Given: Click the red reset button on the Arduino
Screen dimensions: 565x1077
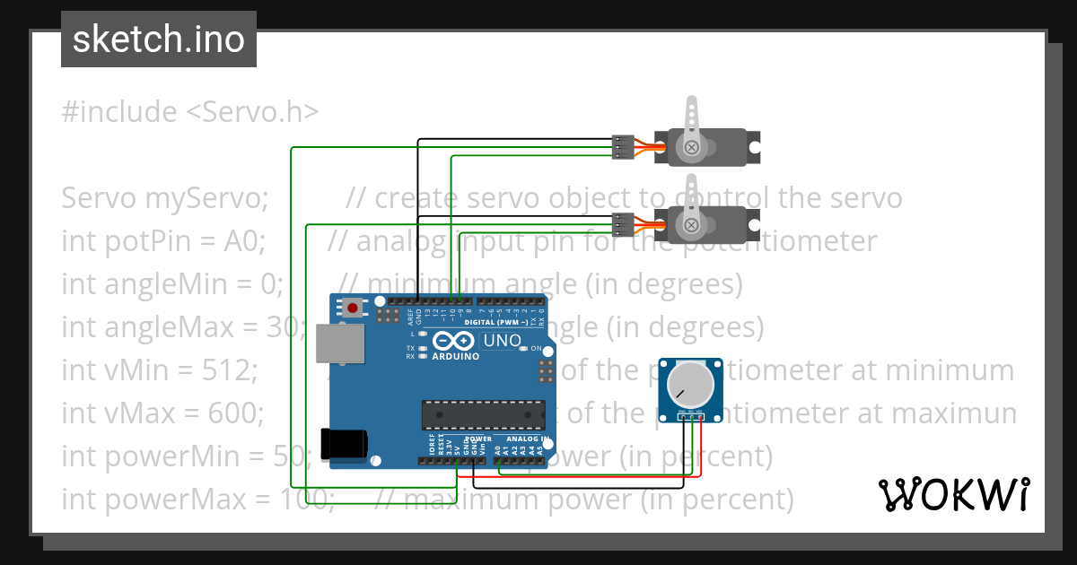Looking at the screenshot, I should click(353, 309).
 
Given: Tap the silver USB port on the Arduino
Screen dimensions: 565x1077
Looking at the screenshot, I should click(341, 343).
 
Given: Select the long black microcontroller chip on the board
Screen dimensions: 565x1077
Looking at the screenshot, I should click(484, 414).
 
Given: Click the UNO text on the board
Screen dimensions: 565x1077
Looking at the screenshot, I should click(502, 341).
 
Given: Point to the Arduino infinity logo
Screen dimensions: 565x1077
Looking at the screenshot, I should click(451, 342).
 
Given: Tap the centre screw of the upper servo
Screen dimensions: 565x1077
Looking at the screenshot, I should click(691, 147).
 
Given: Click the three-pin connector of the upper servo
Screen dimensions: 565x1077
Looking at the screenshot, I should click(621, 147).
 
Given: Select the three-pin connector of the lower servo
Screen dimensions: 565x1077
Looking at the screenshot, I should click(621, 223).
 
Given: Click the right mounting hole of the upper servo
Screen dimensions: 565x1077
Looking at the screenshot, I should click(755, 142).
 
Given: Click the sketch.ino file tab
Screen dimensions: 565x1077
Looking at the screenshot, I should click(159, 39).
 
